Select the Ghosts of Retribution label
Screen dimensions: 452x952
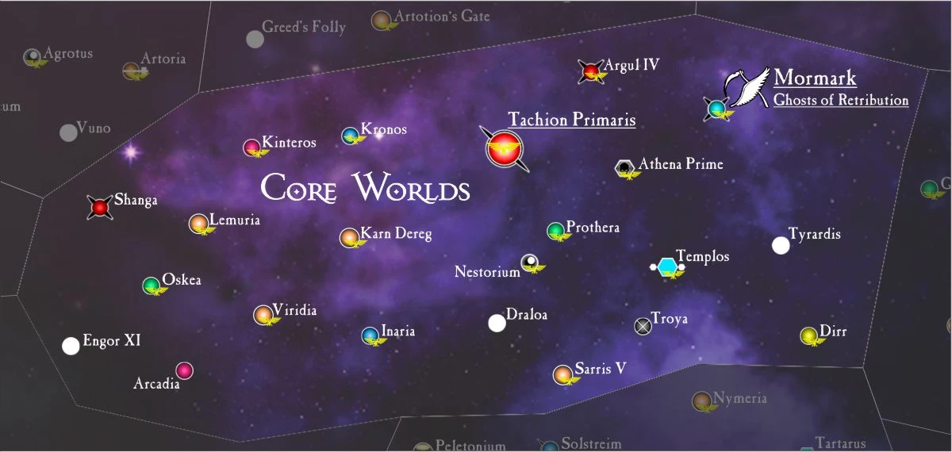(841, 101)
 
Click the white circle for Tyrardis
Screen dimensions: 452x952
(781, 245)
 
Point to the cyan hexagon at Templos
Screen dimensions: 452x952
(667, 267)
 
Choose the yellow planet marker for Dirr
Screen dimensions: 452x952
(808, 335)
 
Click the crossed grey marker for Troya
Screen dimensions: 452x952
(643, 325)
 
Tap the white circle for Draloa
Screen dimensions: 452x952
(497, 323)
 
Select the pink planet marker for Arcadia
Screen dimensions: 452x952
(184, 370)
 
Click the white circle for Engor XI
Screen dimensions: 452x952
(71, 346)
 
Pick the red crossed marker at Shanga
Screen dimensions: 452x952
(100, 208)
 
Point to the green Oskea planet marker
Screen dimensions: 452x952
(151, 285)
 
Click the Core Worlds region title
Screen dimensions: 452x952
(366, 189)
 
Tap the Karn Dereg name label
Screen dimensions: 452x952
(396, 234)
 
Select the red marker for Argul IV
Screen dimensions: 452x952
(590, 72)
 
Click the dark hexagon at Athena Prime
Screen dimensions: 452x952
(625, 167)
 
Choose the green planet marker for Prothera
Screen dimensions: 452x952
(555, 231)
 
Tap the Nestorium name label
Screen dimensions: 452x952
(487, 272)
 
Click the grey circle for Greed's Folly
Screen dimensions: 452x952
(255, 39)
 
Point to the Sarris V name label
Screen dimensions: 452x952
(601, 369)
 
